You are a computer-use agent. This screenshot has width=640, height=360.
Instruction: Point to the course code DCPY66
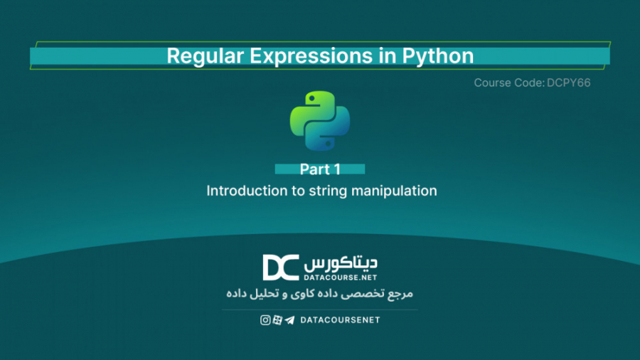570,83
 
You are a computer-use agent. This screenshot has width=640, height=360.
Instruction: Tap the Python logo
320,120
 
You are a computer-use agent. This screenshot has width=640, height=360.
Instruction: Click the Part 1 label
320,169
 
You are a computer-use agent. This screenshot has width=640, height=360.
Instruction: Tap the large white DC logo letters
281,268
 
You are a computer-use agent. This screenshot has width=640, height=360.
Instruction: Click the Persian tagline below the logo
320,293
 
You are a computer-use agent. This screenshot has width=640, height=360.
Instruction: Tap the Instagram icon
265,320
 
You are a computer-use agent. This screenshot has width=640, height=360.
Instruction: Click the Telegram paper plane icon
289,320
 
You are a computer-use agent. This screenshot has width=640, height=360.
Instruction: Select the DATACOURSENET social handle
340,320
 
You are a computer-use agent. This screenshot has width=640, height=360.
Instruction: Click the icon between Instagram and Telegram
277,320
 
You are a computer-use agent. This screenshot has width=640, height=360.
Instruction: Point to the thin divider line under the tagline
320,309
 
